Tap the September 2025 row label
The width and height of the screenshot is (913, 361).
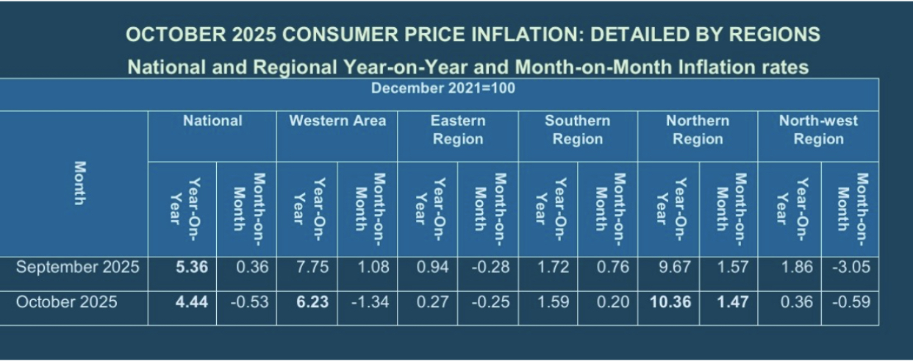[x=78, y=268]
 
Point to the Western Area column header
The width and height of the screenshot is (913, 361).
[x=337, y=121]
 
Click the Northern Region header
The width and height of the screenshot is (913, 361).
[x=698, y=129]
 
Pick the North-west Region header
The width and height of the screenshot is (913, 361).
[x=818, y=129]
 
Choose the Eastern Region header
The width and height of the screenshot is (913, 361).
[x=458, y=129]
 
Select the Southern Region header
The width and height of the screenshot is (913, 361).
[x=577, y=129]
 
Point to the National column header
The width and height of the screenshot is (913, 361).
[x=212, y=121]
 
